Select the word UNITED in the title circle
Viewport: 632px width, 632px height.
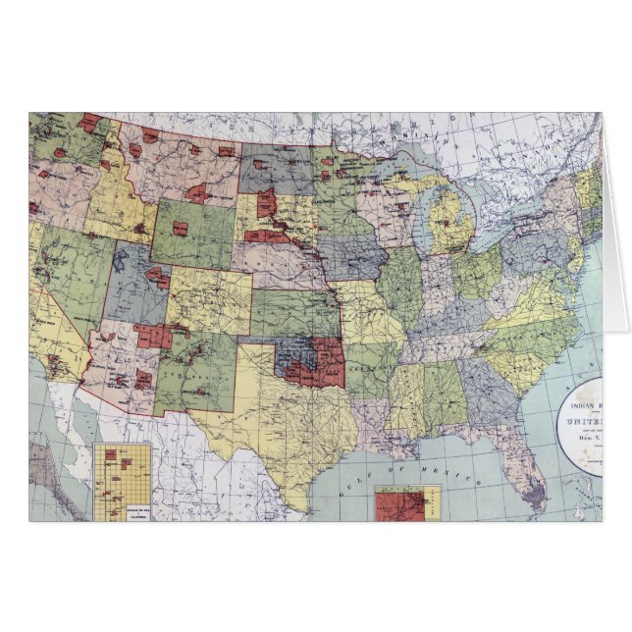(x=583, y=420)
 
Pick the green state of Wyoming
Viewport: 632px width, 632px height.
(x=192, y=231)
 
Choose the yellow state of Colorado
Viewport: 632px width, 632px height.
(x=208, y=300)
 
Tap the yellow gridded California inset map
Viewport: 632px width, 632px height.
(x=123, y=480)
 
